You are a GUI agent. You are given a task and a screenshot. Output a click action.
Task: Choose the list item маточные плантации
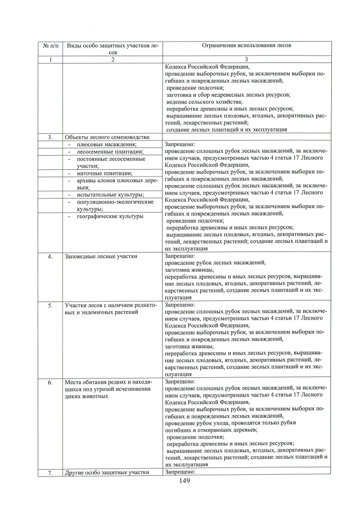104,173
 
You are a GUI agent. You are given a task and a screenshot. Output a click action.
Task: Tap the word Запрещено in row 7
179,472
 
